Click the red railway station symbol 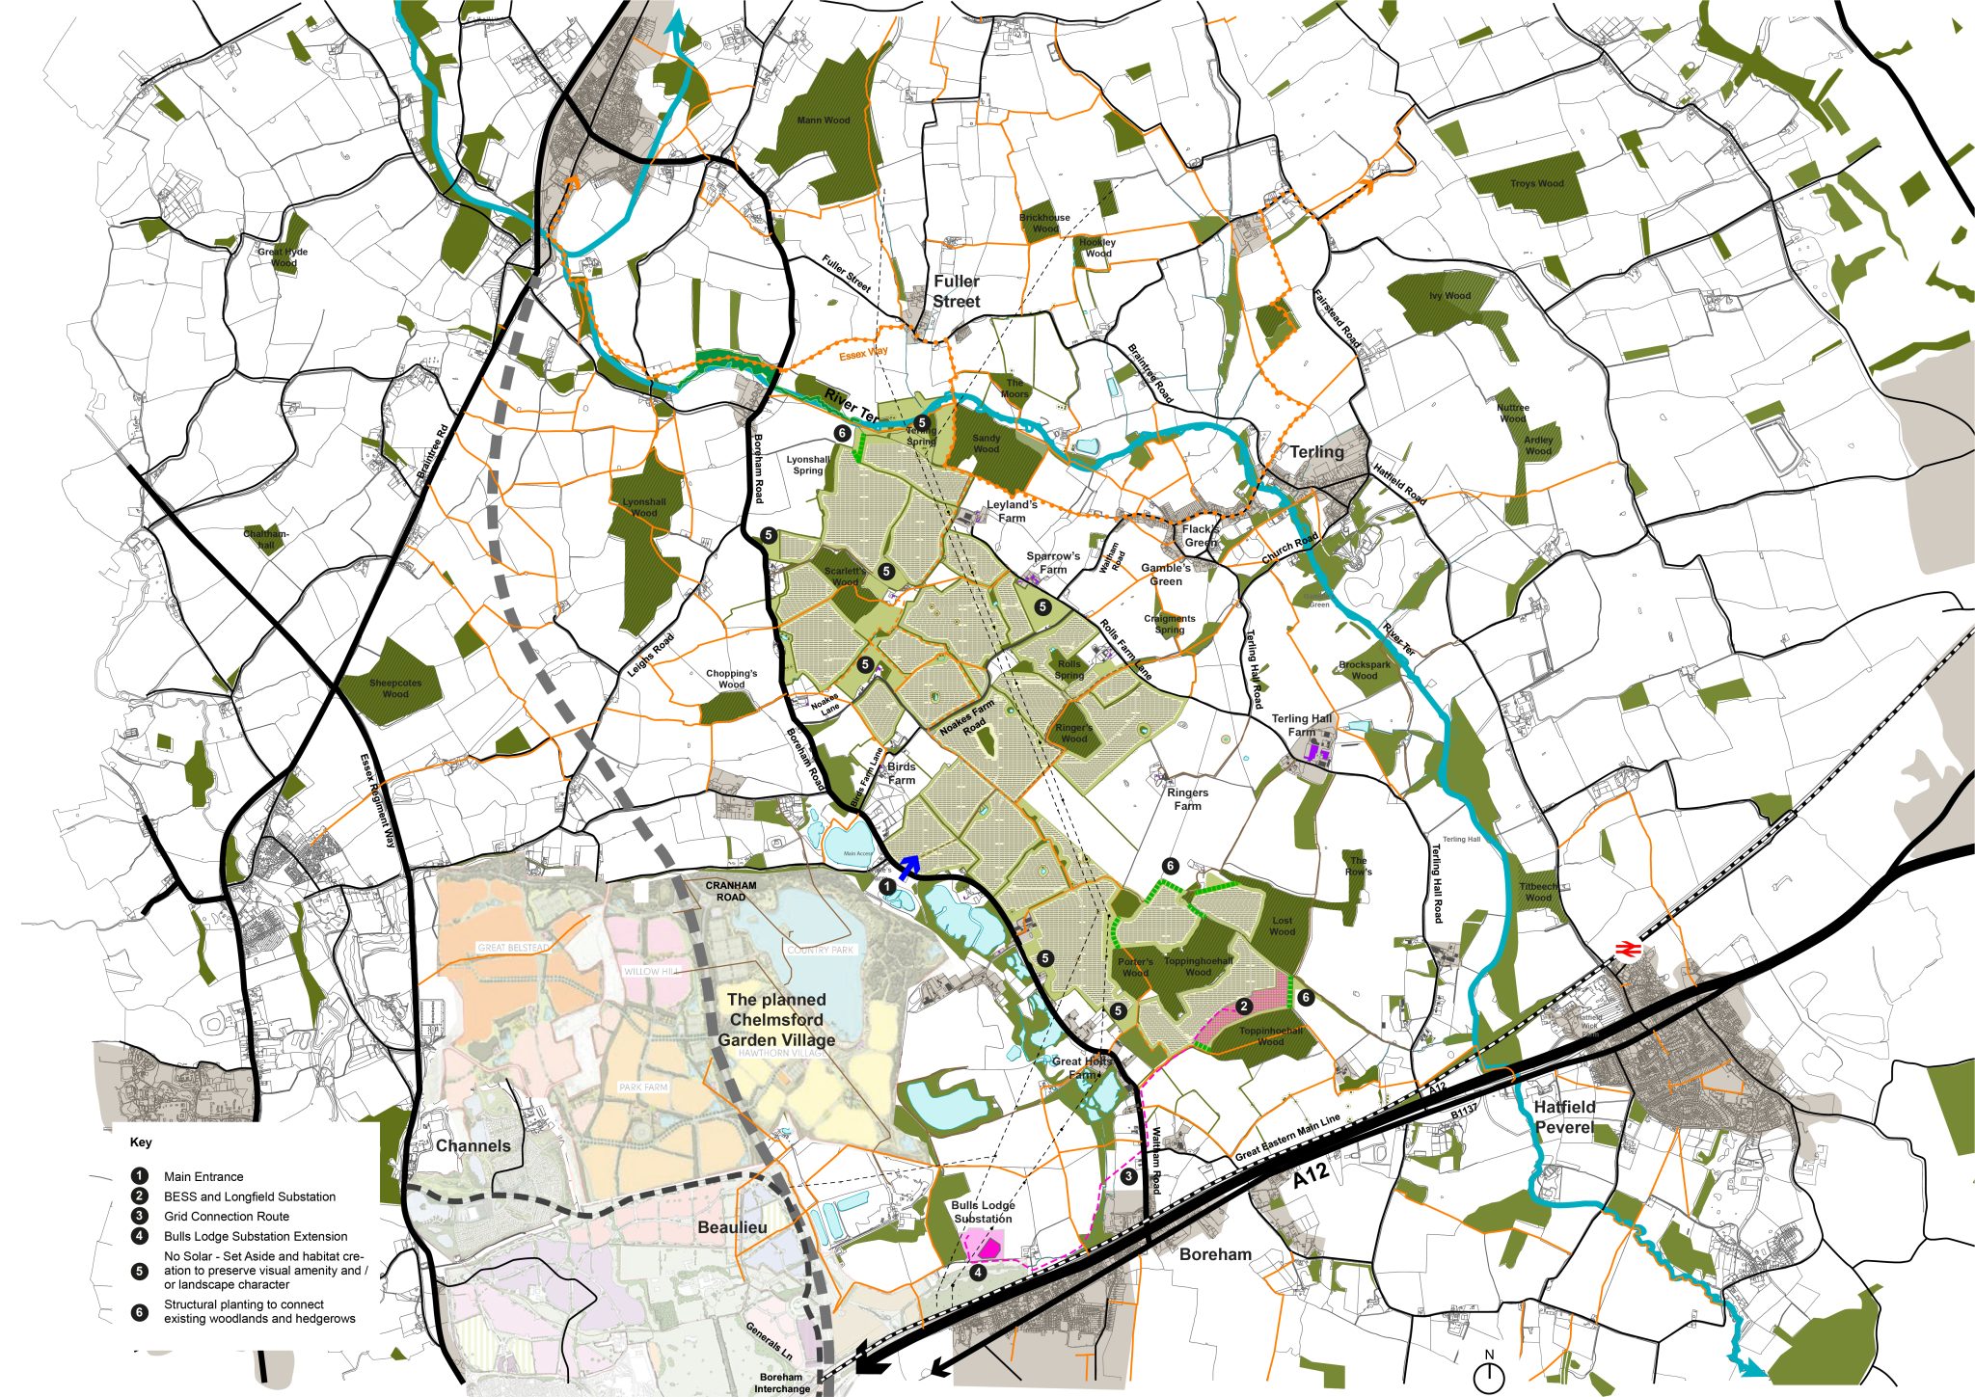coord(1627,950)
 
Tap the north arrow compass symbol coord(1489,1372)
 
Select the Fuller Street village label coord(956,291)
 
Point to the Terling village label coord(1316,451)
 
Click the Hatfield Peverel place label coord(1564,1116)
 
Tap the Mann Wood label coord(824,121)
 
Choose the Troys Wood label coord(1537,183)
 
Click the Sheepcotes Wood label coord(395,688)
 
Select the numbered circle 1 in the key coord(141,1176)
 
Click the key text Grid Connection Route coord(226,1216)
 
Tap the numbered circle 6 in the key coord(141,1311)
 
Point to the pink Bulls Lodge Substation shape coord(986,1245)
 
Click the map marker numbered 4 coord(978,1273)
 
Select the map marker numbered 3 coord(1129,1176)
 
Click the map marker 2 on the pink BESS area coord(1244,1006)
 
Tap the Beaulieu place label coord(733,1227)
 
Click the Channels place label coord(473,1145)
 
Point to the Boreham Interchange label coord(782,1383)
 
